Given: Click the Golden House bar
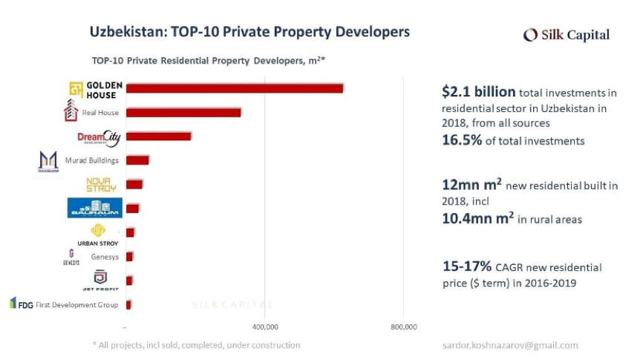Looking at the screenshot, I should (x=235, y=88).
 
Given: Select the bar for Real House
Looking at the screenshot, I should (x=183, y=113).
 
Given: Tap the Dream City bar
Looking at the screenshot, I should (x=159, y=136).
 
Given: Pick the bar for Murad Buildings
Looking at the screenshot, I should (x=138, y=160).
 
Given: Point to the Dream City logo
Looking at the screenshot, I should (x=98, y=138).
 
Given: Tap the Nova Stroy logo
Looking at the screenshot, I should (x=101, y=184).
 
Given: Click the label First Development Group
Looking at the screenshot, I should (x=77, y=304).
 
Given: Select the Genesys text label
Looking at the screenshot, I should (x=105, y=257).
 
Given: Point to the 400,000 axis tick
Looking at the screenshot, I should (x=265, y=327).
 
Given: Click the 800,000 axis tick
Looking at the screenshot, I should (x=403, y=327).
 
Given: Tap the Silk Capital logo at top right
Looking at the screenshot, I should (x=566, y=35).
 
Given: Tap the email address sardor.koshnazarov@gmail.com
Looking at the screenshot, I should (x=509, y=345).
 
